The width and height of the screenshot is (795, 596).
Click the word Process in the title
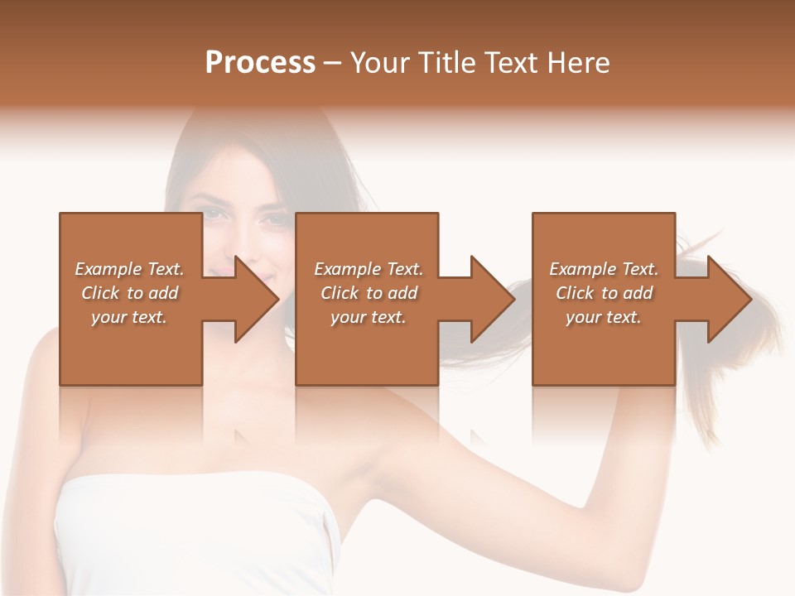[x=260, y=63]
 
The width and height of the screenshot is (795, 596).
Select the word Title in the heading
[x=447, y=63]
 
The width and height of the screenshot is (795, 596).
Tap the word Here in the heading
[x=577, y=63]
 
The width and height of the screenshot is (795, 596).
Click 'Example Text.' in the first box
[x=129, y=269]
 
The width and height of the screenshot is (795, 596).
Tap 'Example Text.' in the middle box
[x=369, y=269]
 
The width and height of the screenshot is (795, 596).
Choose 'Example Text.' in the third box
[x=604, y=269]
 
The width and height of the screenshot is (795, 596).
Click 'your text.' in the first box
[x=129, y=317]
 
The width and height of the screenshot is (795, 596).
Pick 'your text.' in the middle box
[x=369, y=317]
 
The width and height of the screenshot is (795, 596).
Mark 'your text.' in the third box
[x=604, y=317]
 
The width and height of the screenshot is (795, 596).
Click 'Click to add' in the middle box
[x=369, y=293]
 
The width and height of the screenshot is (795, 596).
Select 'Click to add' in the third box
[x=604, y=293]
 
